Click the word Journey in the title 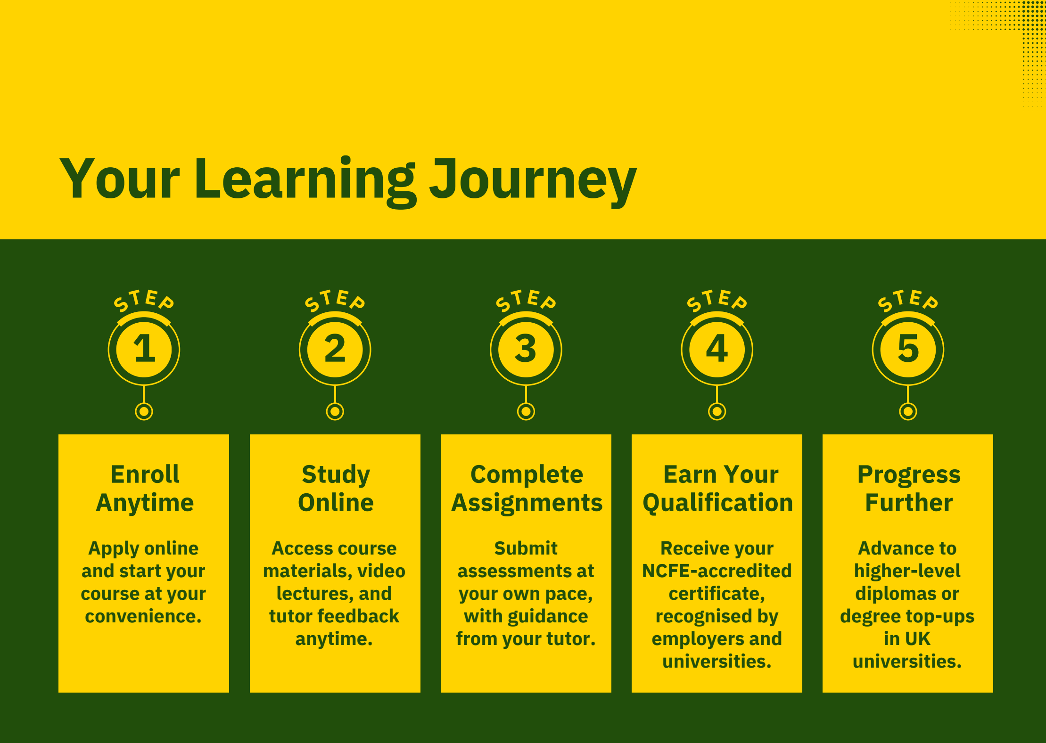click(x=533, y=181)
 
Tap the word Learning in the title click(x=305, y=181)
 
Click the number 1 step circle click(x=144, y=350)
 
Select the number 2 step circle click(x=335, y=350)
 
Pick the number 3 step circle click(x=526, y=350)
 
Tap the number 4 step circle click(x=717, y=350)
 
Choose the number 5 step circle click(x=908, y=350)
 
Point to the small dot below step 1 click(x=144, y=411)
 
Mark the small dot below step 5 click(x=908, y=411)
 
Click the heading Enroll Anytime click(x=145, y=488)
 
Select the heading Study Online click(x=336, y=488)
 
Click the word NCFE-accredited click(x=717, y=571)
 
